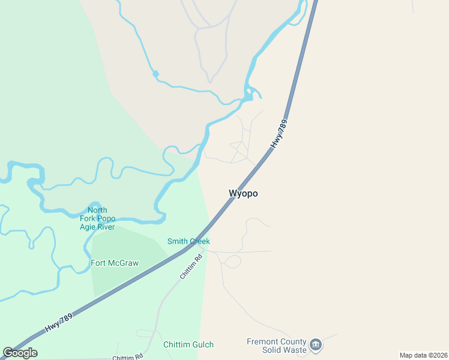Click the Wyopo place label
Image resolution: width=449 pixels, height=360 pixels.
243,193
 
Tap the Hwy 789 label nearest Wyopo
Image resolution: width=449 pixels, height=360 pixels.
279,134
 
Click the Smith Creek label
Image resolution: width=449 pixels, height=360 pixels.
188,241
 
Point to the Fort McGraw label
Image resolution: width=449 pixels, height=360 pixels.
115,263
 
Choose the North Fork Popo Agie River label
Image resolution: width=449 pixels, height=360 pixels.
97,218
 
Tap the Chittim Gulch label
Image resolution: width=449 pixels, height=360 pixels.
188,344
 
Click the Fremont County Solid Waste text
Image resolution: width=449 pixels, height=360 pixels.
277,346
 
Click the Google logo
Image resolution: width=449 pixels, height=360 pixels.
20,353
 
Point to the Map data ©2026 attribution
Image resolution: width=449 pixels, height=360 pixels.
424,355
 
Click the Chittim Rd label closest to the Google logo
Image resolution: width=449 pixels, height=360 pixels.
128,356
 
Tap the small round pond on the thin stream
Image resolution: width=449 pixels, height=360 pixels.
155,74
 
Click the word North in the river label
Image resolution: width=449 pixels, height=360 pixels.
97,210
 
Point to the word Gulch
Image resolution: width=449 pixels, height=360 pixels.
201,344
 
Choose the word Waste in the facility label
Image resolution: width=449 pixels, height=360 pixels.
295,350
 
